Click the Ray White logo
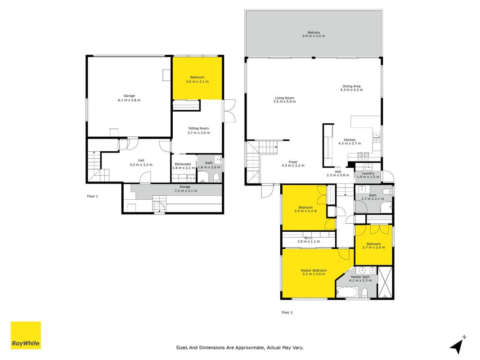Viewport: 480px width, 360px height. pyautogui.click(x=26, y=335)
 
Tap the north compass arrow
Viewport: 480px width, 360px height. pyautogui.click(x=458, y=346)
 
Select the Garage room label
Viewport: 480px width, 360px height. pyautogui.click(x=129, y=96)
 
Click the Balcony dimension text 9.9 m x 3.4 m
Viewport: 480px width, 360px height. pyautogui.click(x=314, y=36)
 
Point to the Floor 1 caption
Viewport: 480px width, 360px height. pyautogui.click(x=93, y=196)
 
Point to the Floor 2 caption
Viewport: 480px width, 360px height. pyautogui.click(x=287, y=313)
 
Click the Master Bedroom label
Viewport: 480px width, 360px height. pyautogui.click(x=314, y=270)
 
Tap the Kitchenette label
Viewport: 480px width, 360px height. pyautogui.click(x=183, y=164)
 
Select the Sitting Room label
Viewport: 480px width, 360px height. pyautogui.click(x=199, y=129)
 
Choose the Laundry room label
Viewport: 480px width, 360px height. pyautogui.click(x=368, y=173)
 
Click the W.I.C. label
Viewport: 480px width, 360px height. pyautogui.click(x=309, y=238)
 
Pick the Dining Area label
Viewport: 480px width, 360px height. pyautogui.click(x=351, y=86)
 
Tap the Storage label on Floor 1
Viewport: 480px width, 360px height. pyautogui.click(x=185, y=187)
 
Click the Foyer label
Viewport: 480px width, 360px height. pyautogui.click(x=293, y=162)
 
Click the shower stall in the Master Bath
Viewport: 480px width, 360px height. pyautogui.click(x=385, y=282)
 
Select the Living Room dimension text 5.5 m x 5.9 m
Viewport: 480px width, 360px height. pyautogui.click(x=285, y=102)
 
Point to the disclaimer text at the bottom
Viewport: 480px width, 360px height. pyautogui.click(x=240, y=347)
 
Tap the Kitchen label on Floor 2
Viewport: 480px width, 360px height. pyautogui.click(x=350, y=140)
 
